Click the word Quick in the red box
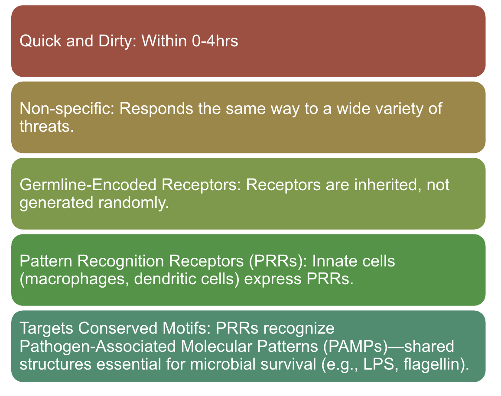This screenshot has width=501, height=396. click(41, 41)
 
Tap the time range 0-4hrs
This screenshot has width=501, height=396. click(215, 41)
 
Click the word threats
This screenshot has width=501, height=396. click(47, 127)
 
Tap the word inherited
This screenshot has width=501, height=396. click(386, 185)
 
